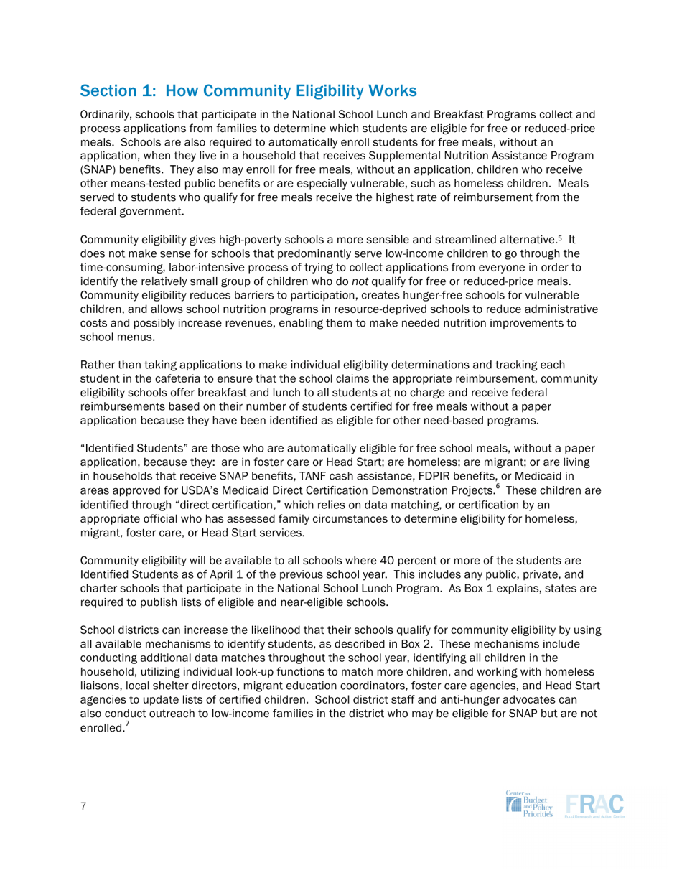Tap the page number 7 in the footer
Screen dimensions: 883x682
(83, 806)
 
